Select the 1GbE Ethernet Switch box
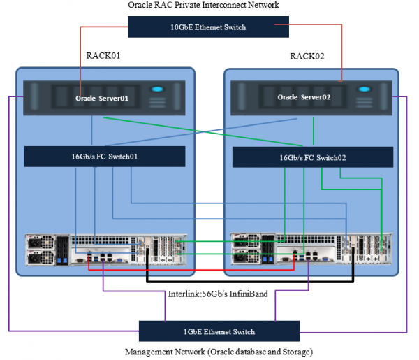(219, 331)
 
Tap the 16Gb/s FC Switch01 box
(105, 156)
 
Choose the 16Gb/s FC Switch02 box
(311, 157)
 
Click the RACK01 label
(103, 55)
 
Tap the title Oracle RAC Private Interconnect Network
(204, 5)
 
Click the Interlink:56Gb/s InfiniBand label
(218, 294)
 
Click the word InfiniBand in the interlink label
(249, 294)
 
